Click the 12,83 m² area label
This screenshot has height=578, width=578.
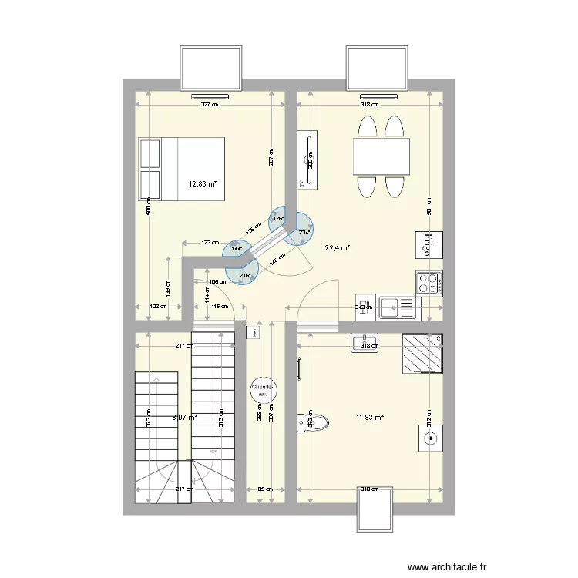pyautogui.click(x=203, y=184)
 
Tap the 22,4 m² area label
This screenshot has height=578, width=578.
pyautogui.click(x=338, y=248)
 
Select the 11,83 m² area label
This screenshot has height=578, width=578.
pyautogui.click(x=371, y=418)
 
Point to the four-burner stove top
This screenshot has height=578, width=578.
pyautogui.click(x=428, y=282)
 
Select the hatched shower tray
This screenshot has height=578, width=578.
pyautogui.click(x=422, y=352)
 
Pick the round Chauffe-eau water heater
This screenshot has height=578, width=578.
pyautogui.click(x=262, y=390)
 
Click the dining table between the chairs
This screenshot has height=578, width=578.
pyautogui.click(x=381, y=157)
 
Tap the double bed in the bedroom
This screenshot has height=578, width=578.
pyautogui.click(x=181, y=169)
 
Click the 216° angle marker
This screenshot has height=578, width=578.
pyautogui.click(x=244, y=274)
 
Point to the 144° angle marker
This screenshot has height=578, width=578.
pyautogui.click(x=237, y=249)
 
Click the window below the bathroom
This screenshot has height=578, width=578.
pyautogui.click(x=375, y=509)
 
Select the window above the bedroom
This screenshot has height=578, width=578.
pyautogui.click(x=210, y=68)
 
